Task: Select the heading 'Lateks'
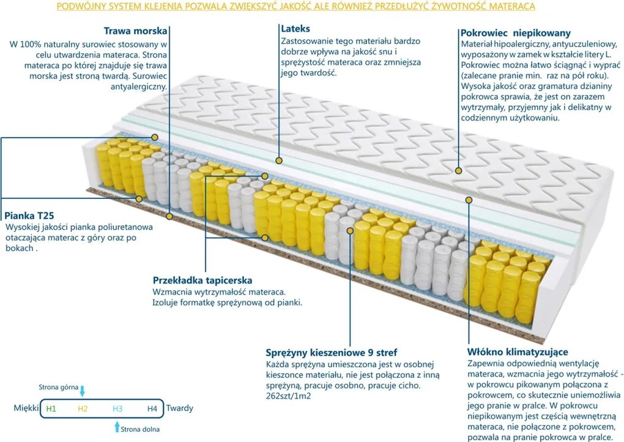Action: (295, 28)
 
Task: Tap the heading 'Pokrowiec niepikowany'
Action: (515, 32)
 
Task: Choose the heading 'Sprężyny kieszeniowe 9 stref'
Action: (331, 353)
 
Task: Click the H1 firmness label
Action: (51, 408)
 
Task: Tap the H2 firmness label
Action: (84, 408)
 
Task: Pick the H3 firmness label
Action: (117, 408)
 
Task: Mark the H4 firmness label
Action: (152, 408)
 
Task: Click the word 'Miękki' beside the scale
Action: (24, 408)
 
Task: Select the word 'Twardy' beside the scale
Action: (179, 408)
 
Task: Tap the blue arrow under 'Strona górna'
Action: (83, 391)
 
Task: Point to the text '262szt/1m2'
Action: (286, 396)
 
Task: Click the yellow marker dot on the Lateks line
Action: (279, 160)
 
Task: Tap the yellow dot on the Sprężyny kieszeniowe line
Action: (350, 231)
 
